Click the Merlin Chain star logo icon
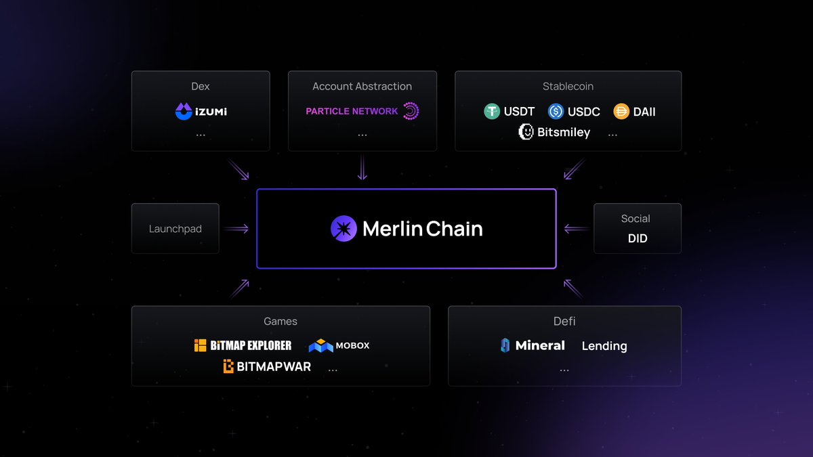[x=343, y=229]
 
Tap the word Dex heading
[x=201, y=87]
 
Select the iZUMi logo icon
[x=184, y=111]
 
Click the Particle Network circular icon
[x=411, y=111]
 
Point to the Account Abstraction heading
[x=362, y=87]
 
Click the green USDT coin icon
[x=492, y=112]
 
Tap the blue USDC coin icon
[x=556, y=112]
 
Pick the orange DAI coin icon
[x=621, y=112]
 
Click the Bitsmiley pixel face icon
[x=526, y=132]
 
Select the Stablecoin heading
[x=568, y=87]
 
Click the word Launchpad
[x=175, y=229]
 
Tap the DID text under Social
[x=638, y=238]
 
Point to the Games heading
[x=280, y=322]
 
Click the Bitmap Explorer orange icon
[x=200, y=345]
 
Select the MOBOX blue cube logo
[x=320, y=346]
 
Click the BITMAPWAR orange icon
[x=229, y=367]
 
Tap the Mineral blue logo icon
[x=505, y=345]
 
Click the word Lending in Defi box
[x=604, y=346]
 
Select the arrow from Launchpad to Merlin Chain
[x=236, y=229]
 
